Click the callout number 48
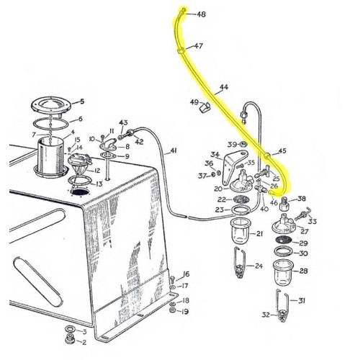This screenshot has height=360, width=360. coord(200,14)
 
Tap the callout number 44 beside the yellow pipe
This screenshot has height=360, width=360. coord(224,88)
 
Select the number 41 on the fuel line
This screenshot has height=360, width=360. coord(173,151)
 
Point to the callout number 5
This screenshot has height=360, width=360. coord(82,102)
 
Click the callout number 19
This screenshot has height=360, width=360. coord(186,312)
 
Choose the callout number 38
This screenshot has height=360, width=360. coord(302,199)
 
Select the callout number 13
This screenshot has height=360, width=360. coord(98,184)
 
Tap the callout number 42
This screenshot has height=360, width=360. coord(140,142)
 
